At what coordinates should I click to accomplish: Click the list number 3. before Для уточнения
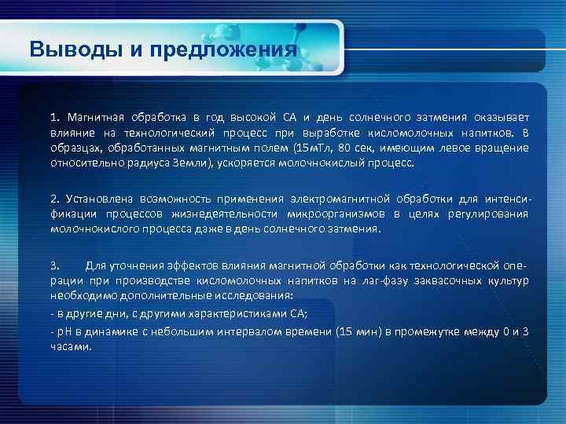(x=55, y=265)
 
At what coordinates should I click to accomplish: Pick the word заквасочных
(x=448, y=280)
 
